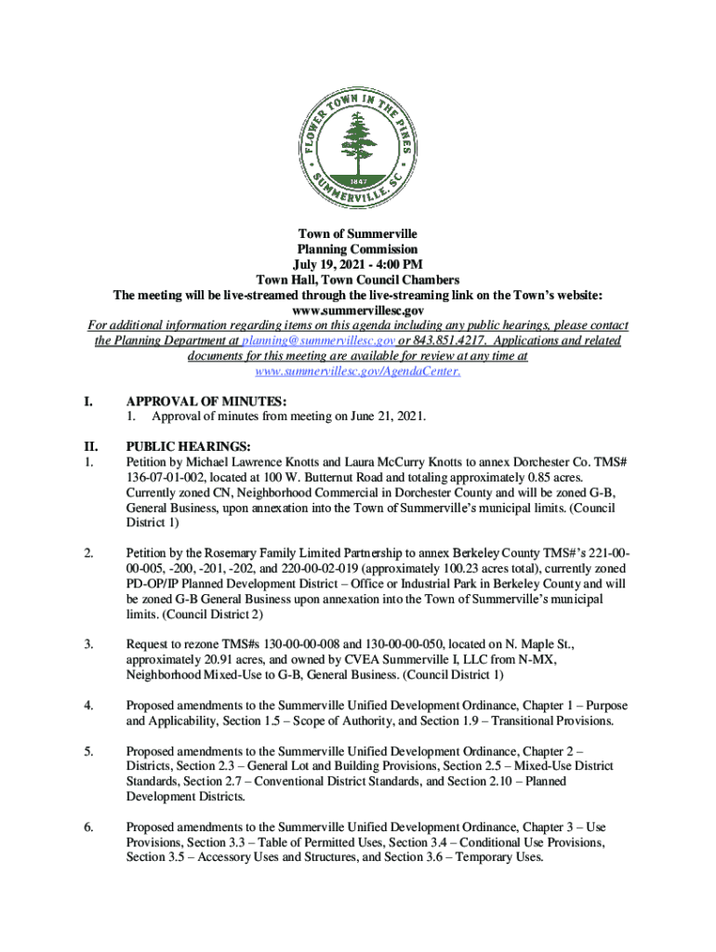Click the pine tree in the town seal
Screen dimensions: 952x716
[358, 139]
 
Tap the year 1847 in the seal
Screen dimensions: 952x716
[358, 179]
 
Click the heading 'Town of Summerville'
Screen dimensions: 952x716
[358, 234]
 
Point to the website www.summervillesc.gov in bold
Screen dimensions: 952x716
[358, 311]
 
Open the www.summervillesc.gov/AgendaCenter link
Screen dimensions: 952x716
[358, 372]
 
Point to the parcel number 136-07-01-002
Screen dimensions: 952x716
[167, 477]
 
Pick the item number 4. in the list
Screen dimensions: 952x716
[88, 706]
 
